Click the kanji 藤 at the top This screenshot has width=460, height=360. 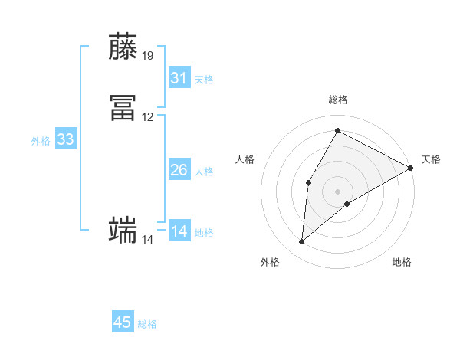[123, 47]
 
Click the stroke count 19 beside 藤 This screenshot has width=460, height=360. [148, 56]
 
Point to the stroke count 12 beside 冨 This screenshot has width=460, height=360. [148, 117]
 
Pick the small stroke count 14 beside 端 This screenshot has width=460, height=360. [148, 240]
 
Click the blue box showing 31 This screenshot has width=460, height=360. [179, 78]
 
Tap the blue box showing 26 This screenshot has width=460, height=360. [179, 170]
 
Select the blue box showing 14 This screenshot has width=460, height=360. [179, 231]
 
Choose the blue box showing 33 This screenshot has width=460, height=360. [65, 139]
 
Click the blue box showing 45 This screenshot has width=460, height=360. [123, 322]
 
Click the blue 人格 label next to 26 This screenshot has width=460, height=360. [204, 172]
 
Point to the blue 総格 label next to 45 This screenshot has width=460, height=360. [147, 324]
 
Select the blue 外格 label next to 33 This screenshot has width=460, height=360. [41, 141]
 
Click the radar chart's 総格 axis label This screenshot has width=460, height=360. [337, 100]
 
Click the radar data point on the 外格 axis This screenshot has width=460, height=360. [301, 242]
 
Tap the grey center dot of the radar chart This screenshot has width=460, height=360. [337, 191]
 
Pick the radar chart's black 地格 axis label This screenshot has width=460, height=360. [402, 262]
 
